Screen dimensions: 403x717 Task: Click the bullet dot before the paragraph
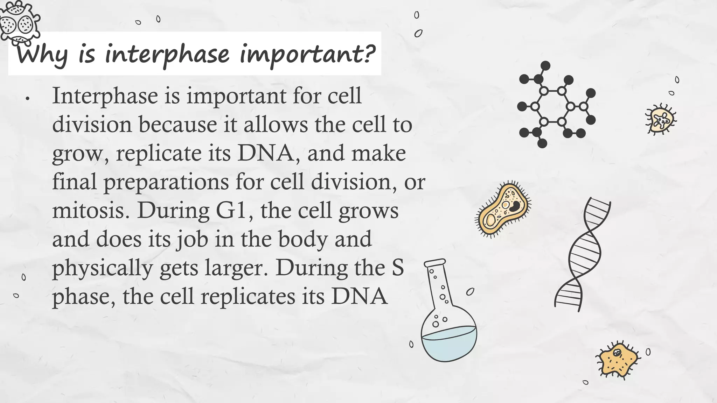point(27,99)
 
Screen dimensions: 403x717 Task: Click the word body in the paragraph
point(304,239)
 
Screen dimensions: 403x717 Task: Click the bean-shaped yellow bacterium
point(503,209)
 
